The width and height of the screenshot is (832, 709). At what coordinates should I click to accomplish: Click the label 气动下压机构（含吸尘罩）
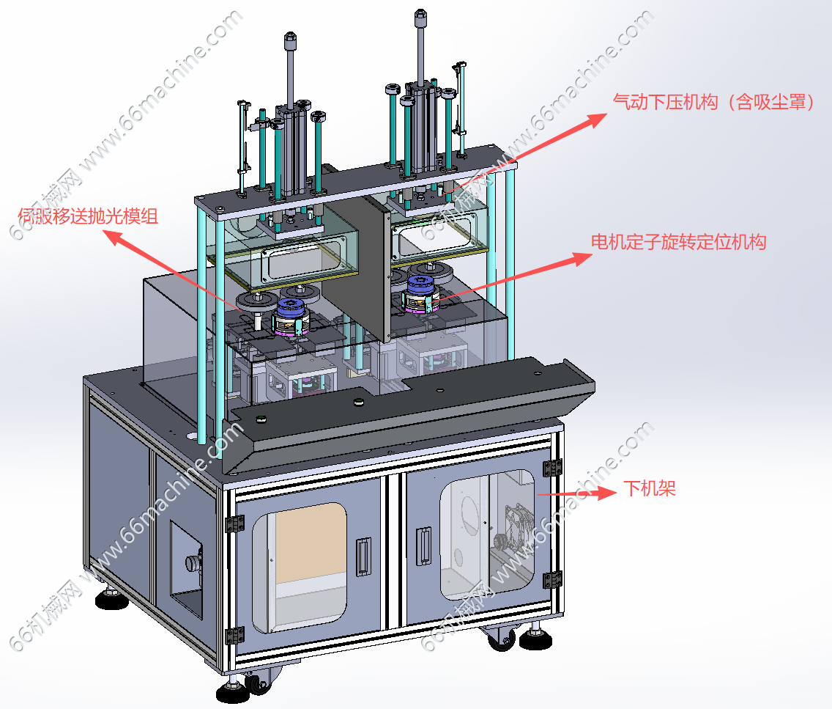(x=713, y=101)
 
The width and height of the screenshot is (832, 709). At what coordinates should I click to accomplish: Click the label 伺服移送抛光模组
(x=88, y=216)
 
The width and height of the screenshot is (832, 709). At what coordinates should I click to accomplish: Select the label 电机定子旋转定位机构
(x=679, y=242)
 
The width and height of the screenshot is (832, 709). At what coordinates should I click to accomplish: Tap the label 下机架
(x=650, y=488)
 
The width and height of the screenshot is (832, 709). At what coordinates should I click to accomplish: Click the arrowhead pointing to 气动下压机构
(x=596, y=120)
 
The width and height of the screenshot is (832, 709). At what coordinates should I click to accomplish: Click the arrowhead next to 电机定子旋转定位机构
(x=582, y=259)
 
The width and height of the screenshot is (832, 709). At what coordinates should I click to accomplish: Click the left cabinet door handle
(x=363, y=556)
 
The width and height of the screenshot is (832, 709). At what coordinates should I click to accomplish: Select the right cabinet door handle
(x=423, y=546)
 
